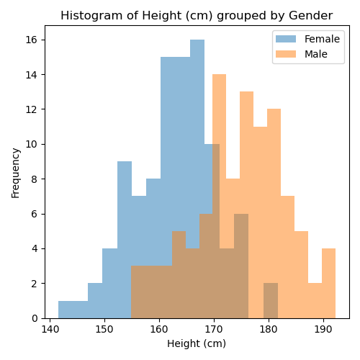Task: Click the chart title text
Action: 197,16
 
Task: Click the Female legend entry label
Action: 322,39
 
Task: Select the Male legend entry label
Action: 316,54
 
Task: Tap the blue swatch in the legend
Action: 286,39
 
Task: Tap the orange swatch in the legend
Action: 286,54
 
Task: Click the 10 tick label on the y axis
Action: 32,144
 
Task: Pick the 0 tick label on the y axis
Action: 35,318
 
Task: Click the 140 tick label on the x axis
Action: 50,330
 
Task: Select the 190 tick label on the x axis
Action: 323,330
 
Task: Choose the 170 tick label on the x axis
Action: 214,330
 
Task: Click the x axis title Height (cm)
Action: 197,343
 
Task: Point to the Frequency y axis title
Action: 16,173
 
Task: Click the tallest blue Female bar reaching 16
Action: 197,179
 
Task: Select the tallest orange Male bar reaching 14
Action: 219,197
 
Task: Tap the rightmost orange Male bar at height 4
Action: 328,284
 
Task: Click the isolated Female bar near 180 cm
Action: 271,301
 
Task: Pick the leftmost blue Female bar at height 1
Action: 66,310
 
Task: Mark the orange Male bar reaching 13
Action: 246,205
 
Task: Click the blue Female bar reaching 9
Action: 125,240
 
